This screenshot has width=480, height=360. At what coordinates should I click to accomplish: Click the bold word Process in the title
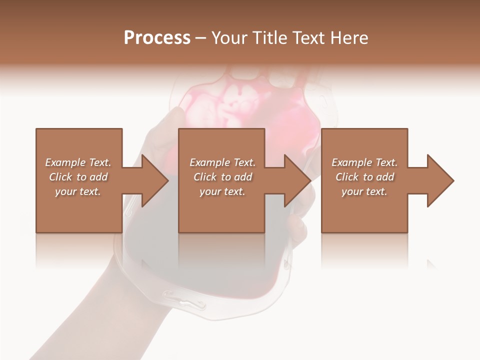(x=157, y=38)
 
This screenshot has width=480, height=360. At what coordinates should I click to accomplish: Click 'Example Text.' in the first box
(x=78, y=162)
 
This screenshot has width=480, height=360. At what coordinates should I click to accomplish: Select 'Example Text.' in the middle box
(x=222, y=162)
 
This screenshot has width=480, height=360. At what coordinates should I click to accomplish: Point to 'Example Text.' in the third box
(x=364, y=162)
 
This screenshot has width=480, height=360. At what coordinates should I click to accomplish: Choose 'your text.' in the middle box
(x=222, y=191)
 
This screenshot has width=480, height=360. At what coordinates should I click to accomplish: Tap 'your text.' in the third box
(x=364, y=191)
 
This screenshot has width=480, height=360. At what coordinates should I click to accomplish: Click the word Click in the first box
(x=60, y=177)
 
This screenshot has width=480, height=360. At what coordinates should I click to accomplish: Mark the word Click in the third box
(x=347, y=177)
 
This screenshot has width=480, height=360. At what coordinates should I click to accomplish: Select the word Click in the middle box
(x=205, y=177)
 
